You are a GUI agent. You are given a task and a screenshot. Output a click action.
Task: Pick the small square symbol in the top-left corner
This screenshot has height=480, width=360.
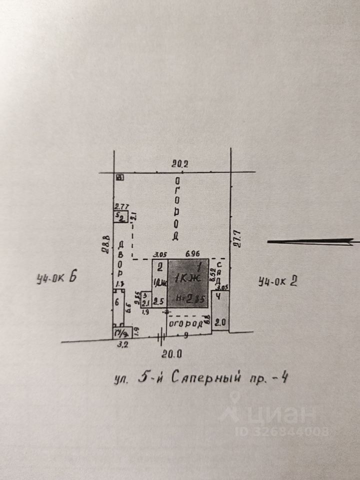(x=119, y=177)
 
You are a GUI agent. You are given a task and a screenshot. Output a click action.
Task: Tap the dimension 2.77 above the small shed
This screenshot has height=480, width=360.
(x=122, y=206)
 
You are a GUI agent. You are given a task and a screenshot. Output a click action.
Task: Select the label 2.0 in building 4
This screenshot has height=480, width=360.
(x=220, y=322)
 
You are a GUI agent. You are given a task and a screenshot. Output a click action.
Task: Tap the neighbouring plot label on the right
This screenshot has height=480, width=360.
(x=278, y=282)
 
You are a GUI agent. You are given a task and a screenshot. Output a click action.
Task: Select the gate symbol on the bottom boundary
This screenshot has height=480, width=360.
(x=161, y=338)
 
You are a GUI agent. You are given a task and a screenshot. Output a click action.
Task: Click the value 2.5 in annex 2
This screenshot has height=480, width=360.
(x=159, y=301)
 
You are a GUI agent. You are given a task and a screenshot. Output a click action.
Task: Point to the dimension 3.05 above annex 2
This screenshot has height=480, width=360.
(x=159, y=255)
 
